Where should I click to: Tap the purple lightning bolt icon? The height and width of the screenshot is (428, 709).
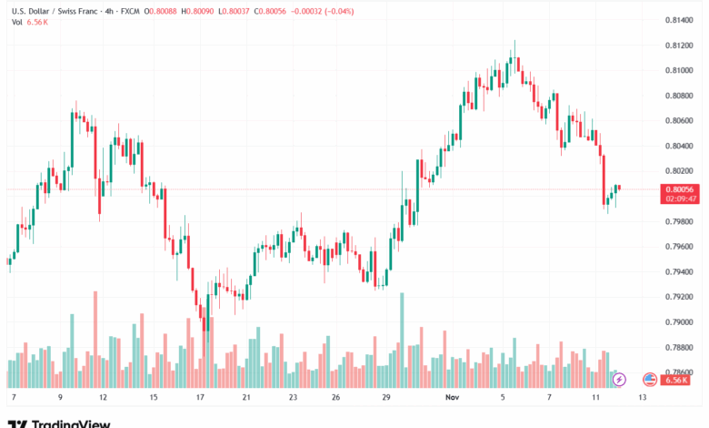coord(621,378)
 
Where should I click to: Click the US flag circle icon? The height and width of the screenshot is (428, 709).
coord(649,378)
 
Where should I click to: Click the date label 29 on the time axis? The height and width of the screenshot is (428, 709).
coord(385,398)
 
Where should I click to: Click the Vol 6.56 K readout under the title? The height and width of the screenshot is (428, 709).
coord(30,23)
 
